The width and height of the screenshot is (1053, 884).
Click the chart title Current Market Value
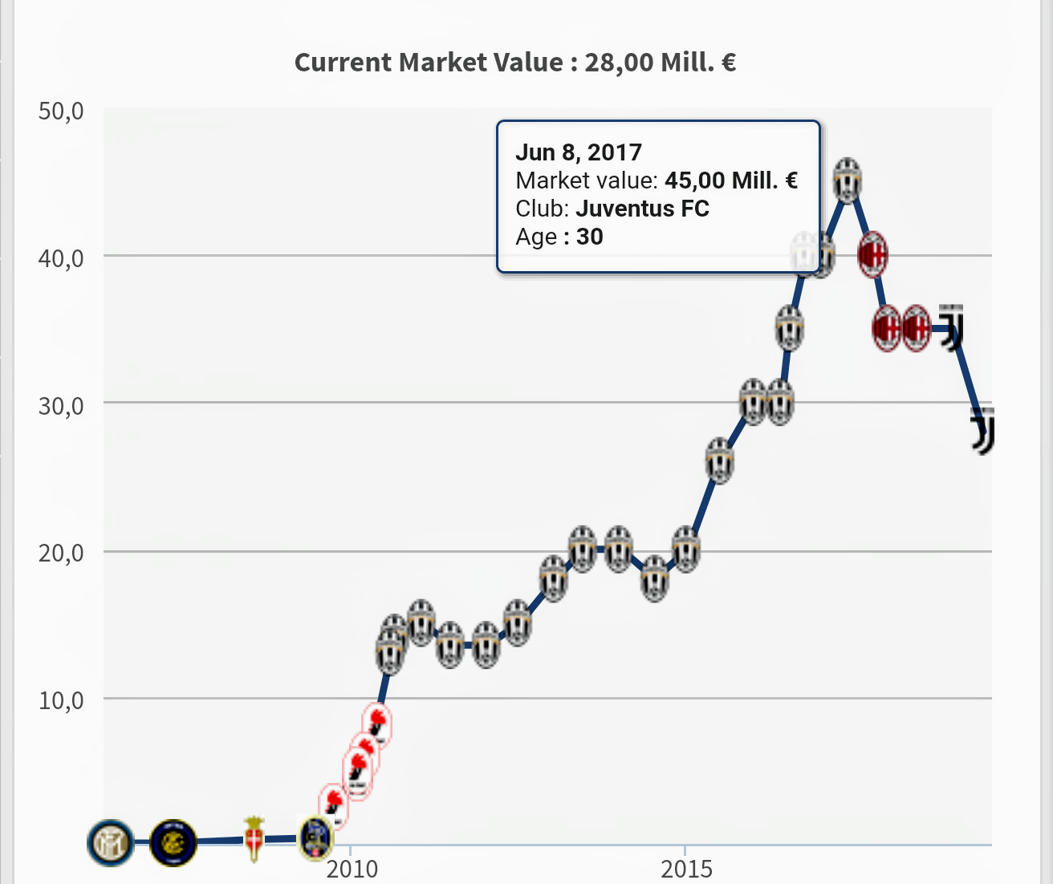click(x=514, y=63)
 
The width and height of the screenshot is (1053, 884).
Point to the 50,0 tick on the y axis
click(x=61, y=111)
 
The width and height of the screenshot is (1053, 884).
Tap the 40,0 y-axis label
click(x=61, y=258)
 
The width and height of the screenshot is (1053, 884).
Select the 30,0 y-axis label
click(x=61, y=406)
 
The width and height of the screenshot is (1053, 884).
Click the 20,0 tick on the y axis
click(x=61, y=553)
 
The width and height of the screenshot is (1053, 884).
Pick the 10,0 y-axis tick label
click(x=61, y=700)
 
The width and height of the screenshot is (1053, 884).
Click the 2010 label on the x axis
click(x=352, y=868)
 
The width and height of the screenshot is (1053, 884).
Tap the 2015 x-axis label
click(x=686, y=868)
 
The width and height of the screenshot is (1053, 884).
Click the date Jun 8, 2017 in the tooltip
click(x=579, y=152)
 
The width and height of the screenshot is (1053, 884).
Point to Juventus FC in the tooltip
click(x=642, y=209)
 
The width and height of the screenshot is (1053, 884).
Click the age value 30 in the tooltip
click(x=590, y=237)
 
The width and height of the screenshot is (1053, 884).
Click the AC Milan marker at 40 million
click(x=872, y=255)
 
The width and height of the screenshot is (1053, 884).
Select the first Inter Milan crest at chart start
click(x=111, y=843)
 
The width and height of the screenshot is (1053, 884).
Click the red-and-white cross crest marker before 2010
click(x=254, y=839)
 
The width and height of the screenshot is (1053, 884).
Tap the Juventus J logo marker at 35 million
click(x=951, y=327)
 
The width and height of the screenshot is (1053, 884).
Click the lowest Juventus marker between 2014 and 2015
click(x=656, y=578)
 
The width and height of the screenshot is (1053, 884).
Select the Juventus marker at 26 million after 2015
click(x=720, y=461)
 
